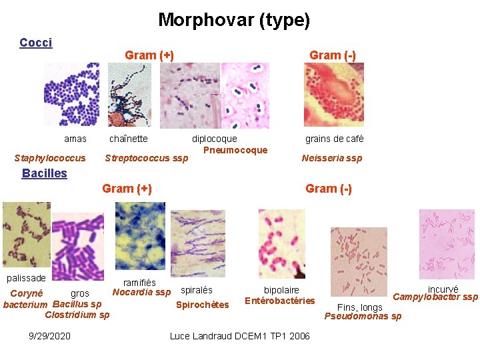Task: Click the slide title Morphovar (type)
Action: (x=234, y=20)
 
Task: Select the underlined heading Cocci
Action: (x=35, y=43)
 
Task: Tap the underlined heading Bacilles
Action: (x=45, y=173)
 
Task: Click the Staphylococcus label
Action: (x=50, y=158)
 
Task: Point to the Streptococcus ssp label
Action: (x=147, y=158)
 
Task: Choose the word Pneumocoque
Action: (x=235, y=150)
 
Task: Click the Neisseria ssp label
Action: (x=332, y=158)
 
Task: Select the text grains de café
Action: (x=335, y=139)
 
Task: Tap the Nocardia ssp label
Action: (x=141, y=292)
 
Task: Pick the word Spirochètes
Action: (x=202, y=305)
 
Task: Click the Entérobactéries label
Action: (x=280, y=301)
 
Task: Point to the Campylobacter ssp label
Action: (x=436, y=297)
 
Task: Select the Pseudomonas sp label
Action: (x=363, y=316)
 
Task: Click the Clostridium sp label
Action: (x=77, y=315)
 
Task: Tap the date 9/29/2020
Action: (x=51, y=336)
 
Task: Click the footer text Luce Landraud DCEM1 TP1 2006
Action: (x=240, y=336)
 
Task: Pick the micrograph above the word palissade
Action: (x=26, y=235)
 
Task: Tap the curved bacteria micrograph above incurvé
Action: (x=447, y=244)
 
